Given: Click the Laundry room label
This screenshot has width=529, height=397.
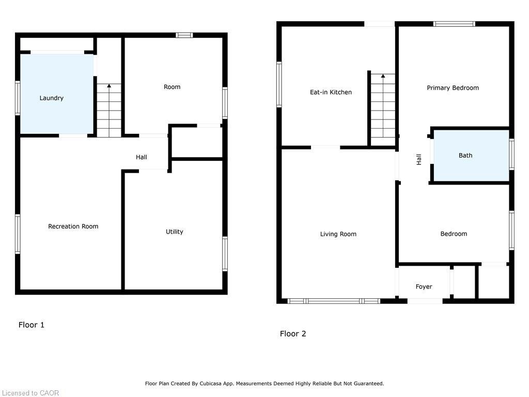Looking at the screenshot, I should [52, 98].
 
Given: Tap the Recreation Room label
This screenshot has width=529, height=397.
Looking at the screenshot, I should [73, 226].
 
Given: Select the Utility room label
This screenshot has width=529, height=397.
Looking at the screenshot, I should [175, 232].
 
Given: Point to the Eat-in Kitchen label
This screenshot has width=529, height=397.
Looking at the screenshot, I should [331, 92].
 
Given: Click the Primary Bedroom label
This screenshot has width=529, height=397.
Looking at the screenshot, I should [453, 88].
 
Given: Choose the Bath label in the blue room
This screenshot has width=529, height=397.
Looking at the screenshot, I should [465, 156].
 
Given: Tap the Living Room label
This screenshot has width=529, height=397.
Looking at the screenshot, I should [338, 234].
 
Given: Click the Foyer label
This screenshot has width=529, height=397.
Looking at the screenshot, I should [424, 287].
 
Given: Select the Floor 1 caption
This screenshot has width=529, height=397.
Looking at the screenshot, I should [32, 325].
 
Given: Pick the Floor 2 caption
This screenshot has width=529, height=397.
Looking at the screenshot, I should [293, 334].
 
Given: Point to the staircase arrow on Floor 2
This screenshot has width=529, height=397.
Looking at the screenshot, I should [383, 77].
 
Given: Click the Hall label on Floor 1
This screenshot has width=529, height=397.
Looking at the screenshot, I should [142, 157].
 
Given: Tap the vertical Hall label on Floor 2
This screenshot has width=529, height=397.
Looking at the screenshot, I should [419, 160].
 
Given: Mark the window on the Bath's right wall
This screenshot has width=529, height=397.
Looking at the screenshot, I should [511, 155].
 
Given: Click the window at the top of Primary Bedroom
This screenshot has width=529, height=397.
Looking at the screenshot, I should [454, 24].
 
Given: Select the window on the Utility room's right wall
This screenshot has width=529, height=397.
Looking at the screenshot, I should [225, 253].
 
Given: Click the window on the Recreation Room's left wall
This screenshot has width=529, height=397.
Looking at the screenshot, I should [18, 234].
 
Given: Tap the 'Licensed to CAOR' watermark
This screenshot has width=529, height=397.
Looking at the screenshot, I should [30, 393].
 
